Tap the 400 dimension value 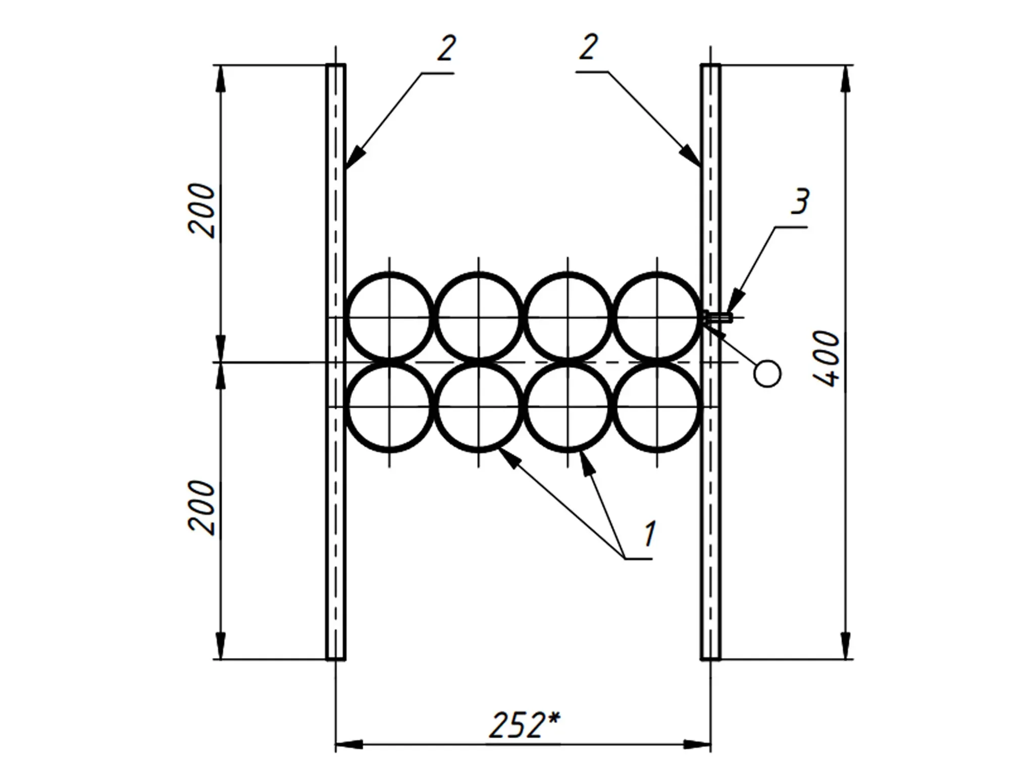click(827, 359)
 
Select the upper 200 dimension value click(201, 211)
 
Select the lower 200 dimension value click(201, 507)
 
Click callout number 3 click(800, 201)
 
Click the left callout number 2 click(446, 48)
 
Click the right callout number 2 click(589, 47)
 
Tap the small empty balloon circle click(767, 374)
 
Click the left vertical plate click(336, 362)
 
